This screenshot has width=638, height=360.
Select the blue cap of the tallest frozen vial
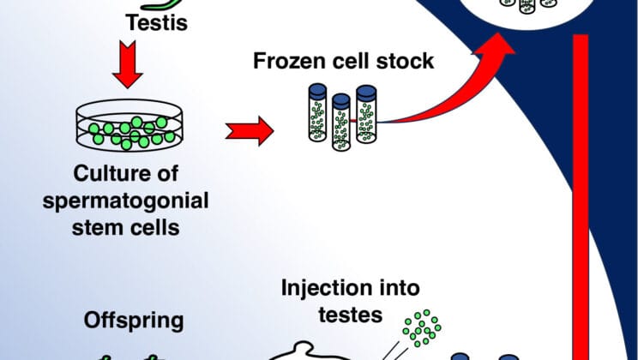pos(366,91)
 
